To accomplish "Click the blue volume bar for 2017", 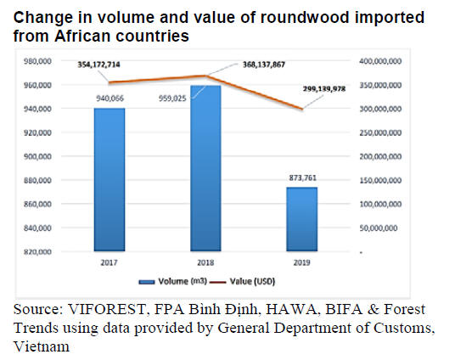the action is [x=110, y=179].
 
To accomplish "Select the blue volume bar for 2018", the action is [x=205, y=168].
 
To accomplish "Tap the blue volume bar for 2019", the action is [x=302, y=219].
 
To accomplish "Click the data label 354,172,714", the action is [x=98, y=65].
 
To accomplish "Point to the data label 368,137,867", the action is [x=264, y=65].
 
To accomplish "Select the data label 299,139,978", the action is [x=324, y=88].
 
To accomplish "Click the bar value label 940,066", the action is [x=110, y=98].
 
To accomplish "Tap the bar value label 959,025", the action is [x=172, y=98].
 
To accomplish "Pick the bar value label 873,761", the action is [x=303, y=177].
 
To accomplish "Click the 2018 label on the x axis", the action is [x=205, y=262].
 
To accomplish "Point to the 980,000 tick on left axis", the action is [x=37, y=61].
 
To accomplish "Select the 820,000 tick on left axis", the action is [x=37, y=251].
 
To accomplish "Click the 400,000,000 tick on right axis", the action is [x=380, y=61].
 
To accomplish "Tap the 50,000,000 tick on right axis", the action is [x=379, y=228].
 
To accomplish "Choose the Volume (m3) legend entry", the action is [x=172, y=281].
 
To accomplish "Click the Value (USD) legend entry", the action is [x=242, y=281].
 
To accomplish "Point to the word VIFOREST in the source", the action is [x=107, y=309].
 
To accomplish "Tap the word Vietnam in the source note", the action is [x=42, y=346].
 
